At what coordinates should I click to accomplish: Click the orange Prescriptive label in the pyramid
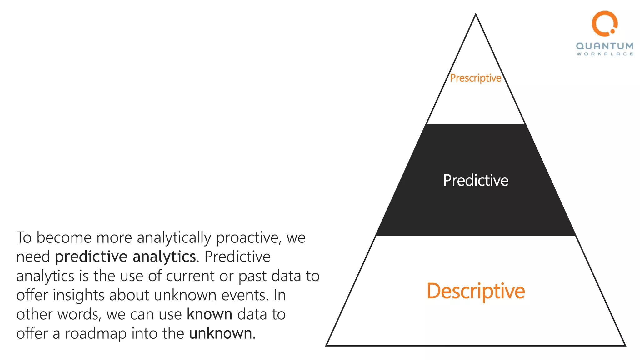point(476,78)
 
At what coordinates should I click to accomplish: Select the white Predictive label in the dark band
point(476,180)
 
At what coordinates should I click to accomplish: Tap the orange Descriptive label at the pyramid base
point(476,291)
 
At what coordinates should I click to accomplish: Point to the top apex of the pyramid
point(476,14)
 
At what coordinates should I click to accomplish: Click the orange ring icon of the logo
point(604,23)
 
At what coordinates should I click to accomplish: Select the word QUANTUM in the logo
point(605,46)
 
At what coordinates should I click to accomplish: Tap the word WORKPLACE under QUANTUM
point(605,54)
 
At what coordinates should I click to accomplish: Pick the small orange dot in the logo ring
point(612,31)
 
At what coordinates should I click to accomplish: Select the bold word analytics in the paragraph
point(164,257)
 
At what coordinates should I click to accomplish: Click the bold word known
point(209,314)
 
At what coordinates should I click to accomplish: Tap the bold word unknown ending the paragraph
point(220,333)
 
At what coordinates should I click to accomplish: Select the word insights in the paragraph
point(78,295)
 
